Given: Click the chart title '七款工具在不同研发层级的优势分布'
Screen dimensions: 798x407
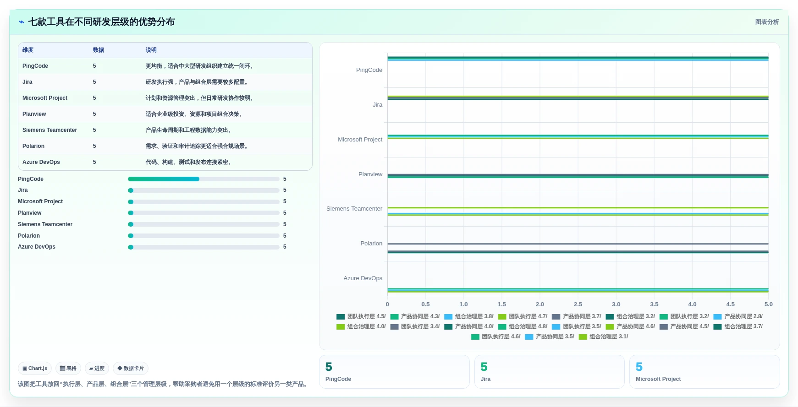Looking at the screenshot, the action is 101,22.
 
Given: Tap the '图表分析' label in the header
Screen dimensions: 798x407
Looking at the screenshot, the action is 767,22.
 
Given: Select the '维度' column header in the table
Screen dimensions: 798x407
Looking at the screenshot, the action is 28,50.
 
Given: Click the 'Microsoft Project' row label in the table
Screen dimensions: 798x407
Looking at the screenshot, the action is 45,98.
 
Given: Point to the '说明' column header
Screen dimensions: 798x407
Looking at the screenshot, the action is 151,50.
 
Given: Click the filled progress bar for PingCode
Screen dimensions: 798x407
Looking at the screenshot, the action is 164,179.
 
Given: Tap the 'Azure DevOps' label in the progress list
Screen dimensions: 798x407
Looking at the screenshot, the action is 37,247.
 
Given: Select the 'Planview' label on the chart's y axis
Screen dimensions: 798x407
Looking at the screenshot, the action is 370,174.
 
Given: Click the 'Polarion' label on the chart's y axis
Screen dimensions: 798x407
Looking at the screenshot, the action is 371,244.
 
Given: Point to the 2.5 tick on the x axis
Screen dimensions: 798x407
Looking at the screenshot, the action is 578,304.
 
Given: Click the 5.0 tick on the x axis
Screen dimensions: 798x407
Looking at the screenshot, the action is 768,304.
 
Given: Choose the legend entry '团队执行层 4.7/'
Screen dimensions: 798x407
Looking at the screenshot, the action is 523,316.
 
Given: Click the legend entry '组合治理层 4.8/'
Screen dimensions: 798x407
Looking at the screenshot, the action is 523,326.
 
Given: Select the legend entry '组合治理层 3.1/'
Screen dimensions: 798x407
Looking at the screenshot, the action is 604,336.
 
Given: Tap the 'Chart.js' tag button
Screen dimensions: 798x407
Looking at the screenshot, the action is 35,368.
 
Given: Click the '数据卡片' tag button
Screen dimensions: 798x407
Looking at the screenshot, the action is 131,368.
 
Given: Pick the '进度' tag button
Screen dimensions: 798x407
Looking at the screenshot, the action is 97,368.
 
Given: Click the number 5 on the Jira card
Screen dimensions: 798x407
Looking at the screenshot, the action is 484,367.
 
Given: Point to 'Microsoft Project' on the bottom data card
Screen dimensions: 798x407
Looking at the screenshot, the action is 658,379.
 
